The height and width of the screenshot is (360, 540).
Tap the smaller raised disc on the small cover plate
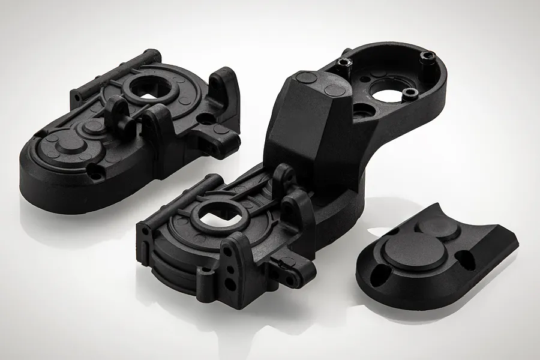438,227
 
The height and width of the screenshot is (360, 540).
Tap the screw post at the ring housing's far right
428,56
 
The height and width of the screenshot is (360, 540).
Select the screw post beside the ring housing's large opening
410,93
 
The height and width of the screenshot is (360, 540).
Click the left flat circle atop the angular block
307,77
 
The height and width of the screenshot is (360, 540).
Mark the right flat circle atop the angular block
335,90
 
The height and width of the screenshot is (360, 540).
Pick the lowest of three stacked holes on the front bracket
228,283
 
